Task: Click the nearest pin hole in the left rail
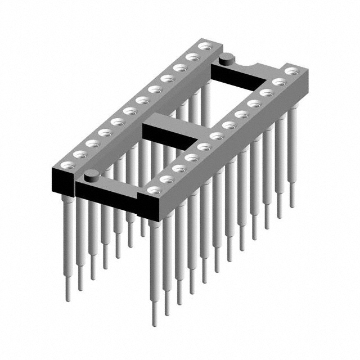pyautogui.click(x=67, y=165)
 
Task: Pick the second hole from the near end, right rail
pyautogui.click(x=167, y=179)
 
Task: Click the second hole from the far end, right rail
pyautogui.click(x=278, y=83)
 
